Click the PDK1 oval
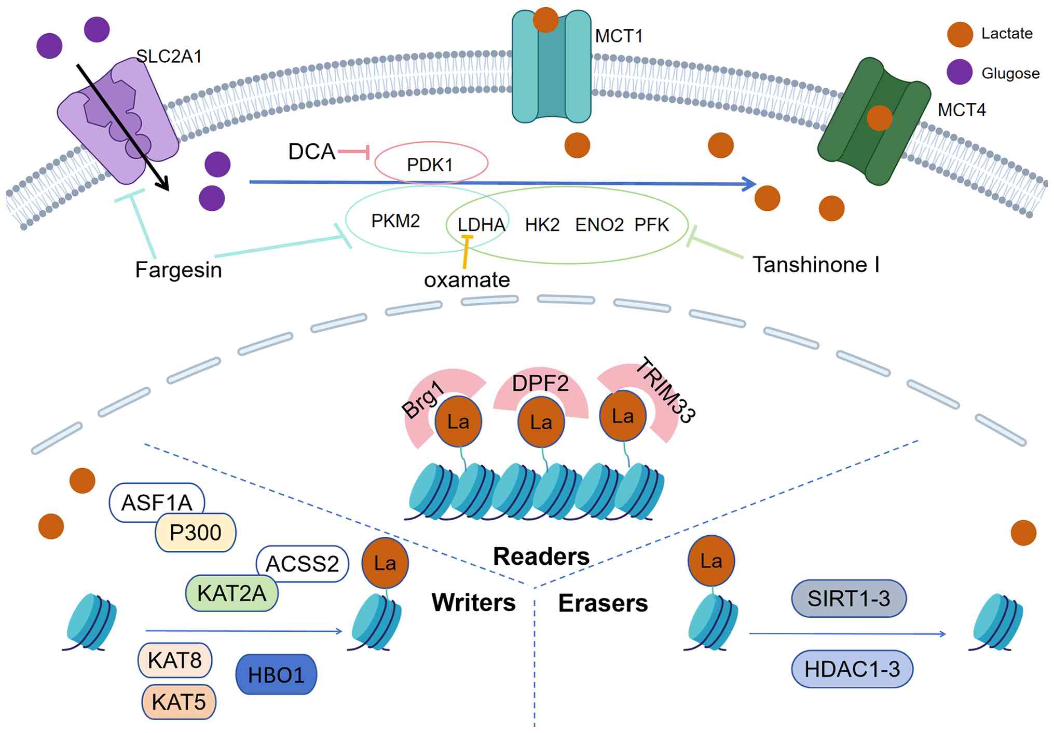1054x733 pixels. (431, 164)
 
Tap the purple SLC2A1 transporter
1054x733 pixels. (118, 122)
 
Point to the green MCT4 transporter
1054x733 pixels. (874, 122)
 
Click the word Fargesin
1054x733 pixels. (179, 270)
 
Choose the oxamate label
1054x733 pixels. (467, 280)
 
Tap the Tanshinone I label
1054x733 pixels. (816, 265)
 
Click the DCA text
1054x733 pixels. (312, 152)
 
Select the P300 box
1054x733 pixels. (196, 533)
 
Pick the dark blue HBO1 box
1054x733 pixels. (276, 674)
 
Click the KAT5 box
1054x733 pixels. (179, 702)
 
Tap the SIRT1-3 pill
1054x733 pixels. (848, 599)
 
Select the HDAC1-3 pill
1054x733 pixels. (852, 669)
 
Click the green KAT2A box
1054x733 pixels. (231, 593)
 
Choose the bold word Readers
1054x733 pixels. (541, 556)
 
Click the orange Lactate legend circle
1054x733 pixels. (960, 34)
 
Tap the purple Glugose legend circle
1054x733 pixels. (960, 72)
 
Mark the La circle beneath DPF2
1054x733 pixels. (541, 422)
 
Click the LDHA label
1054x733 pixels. (481, 225)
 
